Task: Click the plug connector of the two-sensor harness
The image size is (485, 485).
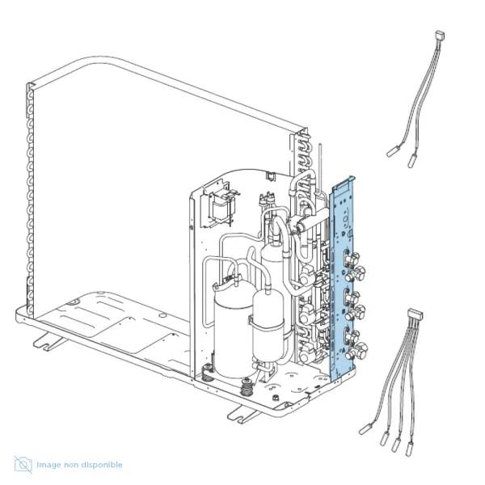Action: pyautogui.click(x=440, y=35)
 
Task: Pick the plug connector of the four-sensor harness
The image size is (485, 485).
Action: pyautogui.click(x=415, y=314)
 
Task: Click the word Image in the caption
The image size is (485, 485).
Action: pyautogui.click(x=48, y=465)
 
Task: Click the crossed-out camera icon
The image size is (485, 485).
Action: pyautogui.click(x=23, y=465)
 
